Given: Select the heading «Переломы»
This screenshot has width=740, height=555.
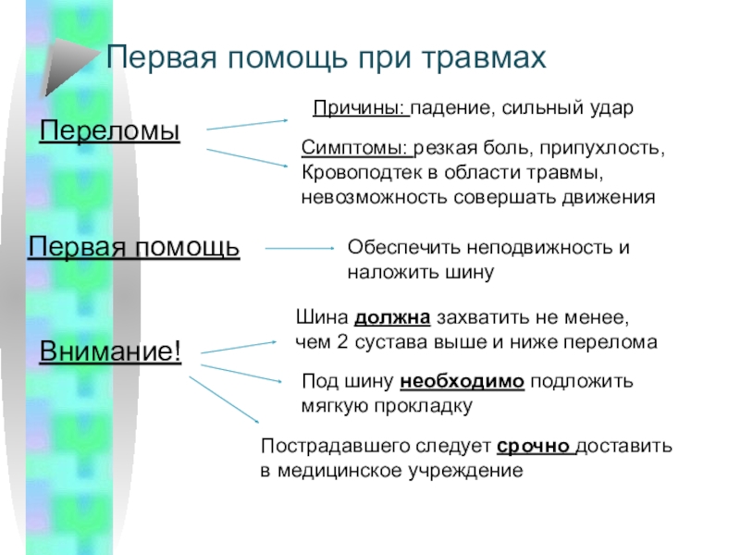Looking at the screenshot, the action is (x=110, y=130).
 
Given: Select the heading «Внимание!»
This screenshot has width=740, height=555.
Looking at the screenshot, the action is (x=110, y=352).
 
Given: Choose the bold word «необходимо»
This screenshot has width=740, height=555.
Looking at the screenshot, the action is (x=463, y=380).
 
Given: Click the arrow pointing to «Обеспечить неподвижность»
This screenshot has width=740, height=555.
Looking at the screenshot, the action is (x=300, y=248).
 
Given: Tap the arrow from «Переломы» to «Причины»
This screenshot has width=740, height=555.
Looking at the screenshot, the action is (x=248, y=124).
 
